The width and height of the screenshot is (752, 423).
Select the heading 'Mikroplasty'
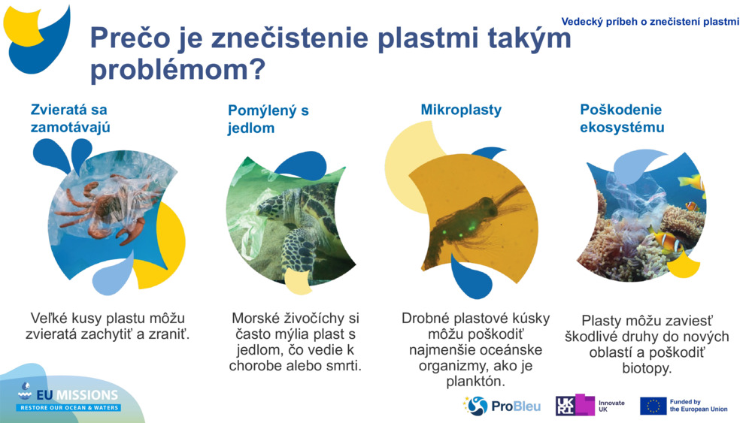460,110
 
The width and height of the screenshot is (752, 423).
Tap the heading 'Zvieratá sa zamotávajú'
70,118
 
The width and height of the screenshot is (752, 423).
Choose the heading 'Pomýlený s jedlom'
268,119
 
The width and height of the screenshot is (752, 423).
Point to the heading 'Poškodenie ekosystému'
621,118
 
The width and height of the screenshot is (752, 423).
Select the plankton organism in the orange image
470,222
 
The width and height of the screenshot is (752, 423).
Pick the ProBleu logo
502,406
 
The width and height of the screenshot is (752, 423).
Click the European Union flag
653,406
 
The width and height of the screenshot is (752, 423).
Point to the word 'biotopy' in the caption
646,369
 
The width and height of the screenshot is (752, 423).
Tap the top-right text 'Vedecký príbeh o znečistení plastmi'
650,22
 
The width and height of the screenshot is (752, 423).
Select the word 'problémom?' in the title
177,71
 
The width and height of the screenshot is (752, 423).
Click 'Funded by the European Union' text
698,406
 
